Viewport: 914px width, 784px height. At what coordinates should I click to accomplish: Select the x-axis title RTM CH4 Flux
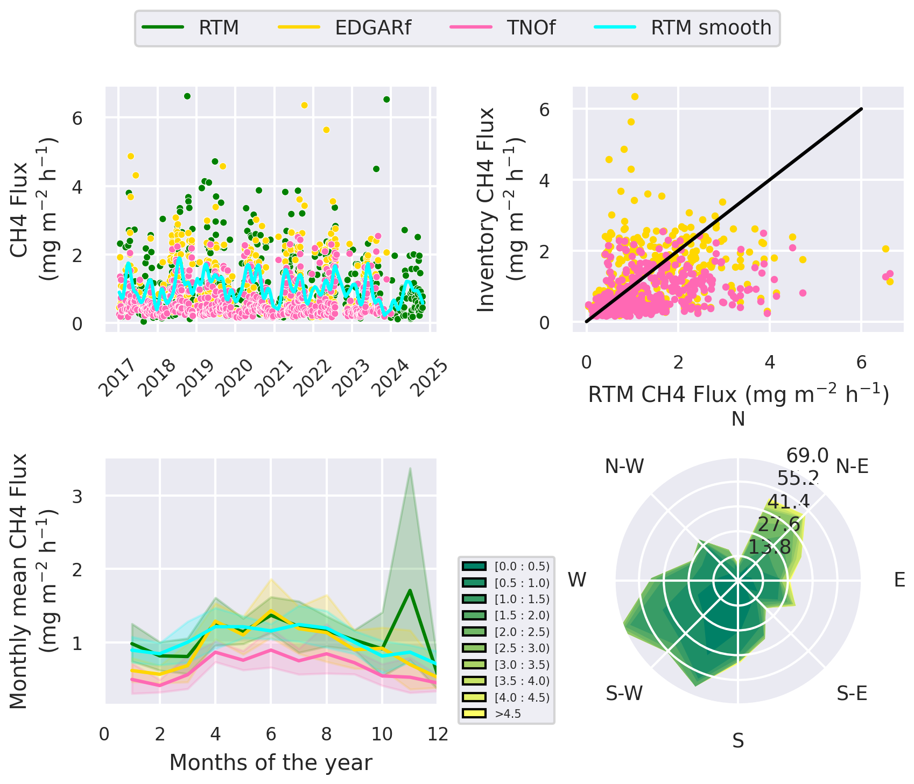coord(738,394)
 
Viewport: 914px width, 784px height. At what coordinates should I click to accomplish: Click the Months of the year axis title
coord(271,762)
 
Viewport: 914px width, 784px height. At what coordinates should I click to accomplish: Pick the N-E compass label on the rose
coord(852,467)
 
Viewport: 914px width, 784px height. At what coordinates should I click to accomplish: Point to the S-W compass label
coord(624,694)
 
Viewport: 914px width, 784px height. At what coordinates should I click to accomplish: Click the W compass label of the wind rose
coord(577,580)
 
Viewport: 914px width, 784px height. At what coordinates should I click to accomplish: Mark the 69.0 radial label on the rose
coord(807,456)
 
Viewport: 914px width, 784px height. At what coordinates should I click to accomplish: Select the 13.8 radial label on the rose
coord(769,547)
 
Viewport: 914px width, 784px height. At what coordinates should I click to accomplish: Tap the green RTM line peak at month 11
coord(410,590)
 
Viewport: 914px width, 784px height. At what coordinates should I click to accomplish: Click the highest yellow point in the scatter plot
coord(635,97)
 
